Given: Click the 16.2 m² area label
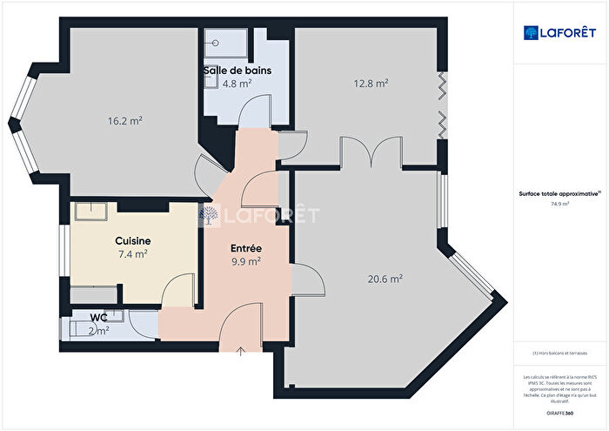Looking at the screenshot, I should tap(124, 122).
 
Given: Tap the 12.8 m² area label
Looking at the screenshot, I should tap(371, 84).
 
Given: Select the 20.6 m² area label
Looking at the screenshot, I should tap(385, 279).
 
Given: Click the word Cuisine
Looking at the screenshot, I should tap(133, 241).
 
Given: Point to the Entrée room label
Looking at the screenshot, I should tap(246, 248).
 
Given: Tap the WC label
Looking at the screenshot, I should tap(99, 318).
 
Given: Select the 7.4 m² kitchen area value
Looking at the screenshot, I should tap(133, 254).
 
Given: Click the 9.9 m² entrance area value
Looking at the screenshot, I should tap(246, 261).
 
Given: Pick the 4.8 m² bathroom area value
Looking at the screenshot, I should tap(237, 84).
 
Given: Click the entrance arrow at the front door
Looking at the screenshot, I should tap(240, 350).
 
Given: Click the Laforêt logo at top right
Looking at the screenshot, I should tap(560, 33).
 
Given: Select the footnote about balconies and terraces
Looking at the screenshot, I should tap(559, 353).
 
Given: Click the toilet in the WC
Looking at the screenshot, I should tap(73, 330).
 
